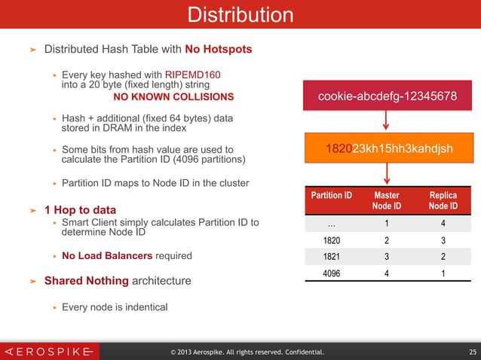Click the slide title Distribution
click(x=240, y=14)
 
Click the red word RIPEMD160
click(x=193, y=75)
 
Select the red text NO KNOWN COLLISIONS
click(x=173, y=97)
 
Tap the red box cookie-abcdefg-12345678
click(x=386, y=97)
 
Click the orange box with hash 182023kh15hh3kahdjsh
click(x=386, y=148)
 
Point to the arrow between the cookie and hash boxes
click(x=386, y=121)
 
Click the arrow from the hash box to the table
click(x=386, y=172)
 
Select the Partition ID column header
click(x=332, y=195)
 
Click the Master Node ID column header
click(x=387, y=200)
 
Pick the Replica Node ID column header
click(x=443, y=200)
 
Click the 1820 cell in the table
click(x=332, y=241)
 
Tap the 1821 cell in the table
click(x=332, y=257)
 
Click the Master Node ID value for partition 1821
click(x=387, y=257)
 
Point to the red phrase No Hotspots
click(x=219, y=50)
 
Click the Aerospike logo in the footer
click(x=49, y=351)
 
